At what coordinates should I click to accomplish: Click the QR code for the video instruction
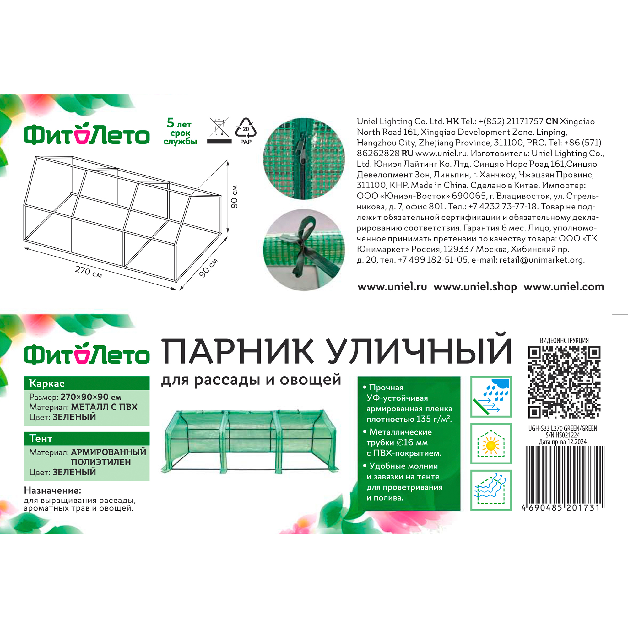[x=564, y=382]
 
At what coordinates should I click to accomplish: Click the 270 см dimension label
[x=89, y=272]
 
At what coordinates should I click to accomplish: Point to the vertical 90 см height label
[x=234, y=196]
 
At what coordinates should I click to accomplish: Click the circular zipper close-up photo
[x=304, y=158]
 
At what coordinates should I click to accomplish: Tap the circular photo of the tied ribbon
[x=304, y=249]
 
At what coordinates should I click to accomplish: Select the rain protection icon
[x=491, y=397]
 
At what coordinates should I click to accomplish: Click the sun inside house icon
[x=491, y=443]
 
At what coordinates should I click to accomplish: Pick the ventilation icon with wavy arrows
[x=491, y=490]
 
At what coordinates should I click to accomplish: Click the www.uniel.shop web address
[x=475, y=287]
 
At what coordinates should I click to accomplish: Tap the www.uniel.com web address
[x=564, y=287]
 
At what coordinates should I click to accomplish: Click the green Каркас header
[x=86, y=383]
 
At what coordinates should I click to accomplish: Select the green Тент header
[x=86, y=438]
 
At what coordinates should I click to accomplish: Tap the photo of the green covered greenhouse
[x=250, y=442]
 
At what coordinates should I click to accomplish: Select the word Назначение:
[x=52, y=490]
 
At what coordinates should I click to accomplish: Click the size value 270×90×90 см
[x=91, y=397]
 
